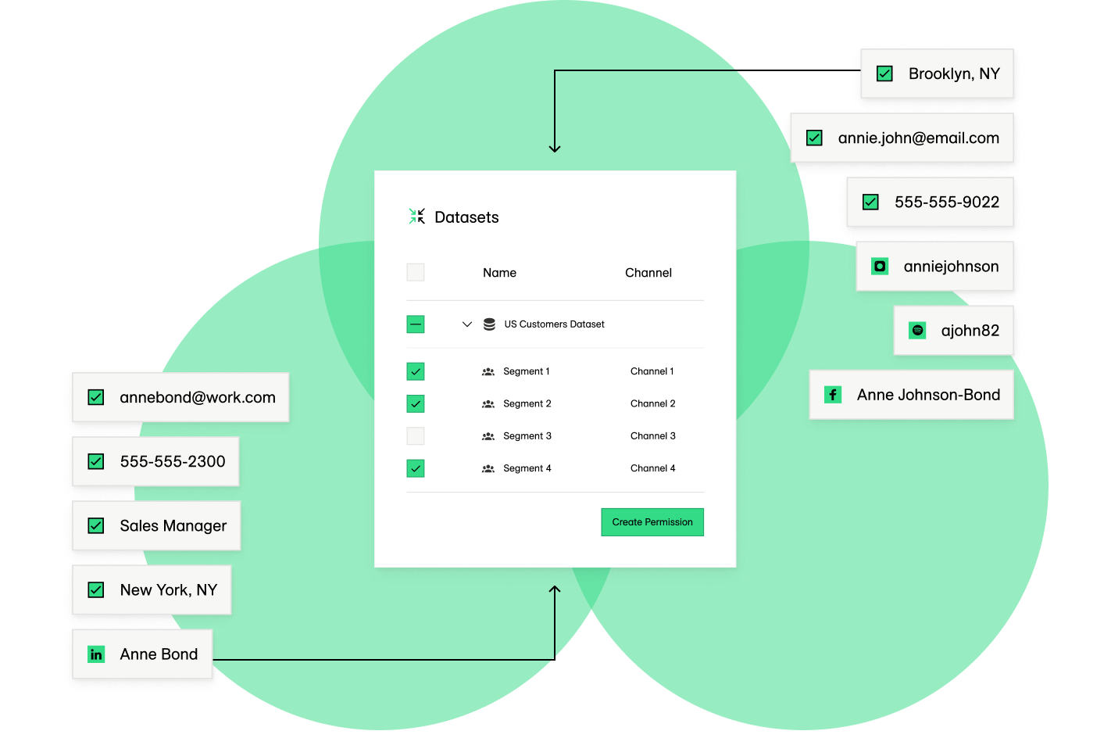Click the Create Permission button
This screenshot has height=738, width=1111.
(x=652, y=522)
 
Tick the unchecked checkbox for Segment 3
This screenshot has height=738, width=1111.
(x=416, y=436)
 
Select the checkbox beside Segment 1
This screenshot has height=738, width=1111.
(x=416, y=371)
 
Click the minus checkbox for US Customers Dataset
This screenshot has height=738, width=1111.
(x=416, y=324)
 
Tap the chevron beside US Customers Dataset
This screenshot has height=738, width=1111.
(x=467, y=324)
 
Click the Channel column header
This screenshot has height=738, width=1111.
(x=648, y=273)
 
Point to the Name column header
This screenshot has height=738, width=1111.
(x=499, y=273)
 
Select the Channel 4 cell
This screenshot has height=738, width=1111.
(x=652, y=468)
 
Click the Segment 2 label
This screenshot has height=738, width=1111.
(x=527, y=404)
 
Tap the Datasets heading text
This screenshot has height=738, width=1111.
(x=466, y=217)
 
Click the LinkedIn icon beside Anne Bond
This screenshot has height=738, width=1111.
(x=96, y=654)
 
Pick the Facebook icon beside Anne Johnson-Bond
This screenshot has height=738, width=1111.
(x=833, y=395)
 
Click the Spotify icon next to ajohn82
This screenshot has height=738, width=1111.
(x=917, y=331)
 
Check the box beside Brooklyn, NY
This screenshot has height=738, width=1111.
(x=884, y=73)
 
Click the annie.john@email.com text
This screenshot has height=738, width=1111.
(x=918, y=138)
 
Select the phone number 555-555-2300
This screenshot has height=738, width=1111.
(x=173, y=462)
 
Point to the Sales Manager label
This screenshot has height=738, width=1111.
(x=173, y=526)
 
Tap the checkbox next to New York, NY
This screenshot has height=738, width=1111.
(x=96, y=590)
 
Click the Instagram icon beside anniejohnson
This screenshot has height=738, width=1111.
(x=880, y=267)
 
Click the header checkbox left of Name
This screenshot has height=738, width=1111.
(x=416, y=272)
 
